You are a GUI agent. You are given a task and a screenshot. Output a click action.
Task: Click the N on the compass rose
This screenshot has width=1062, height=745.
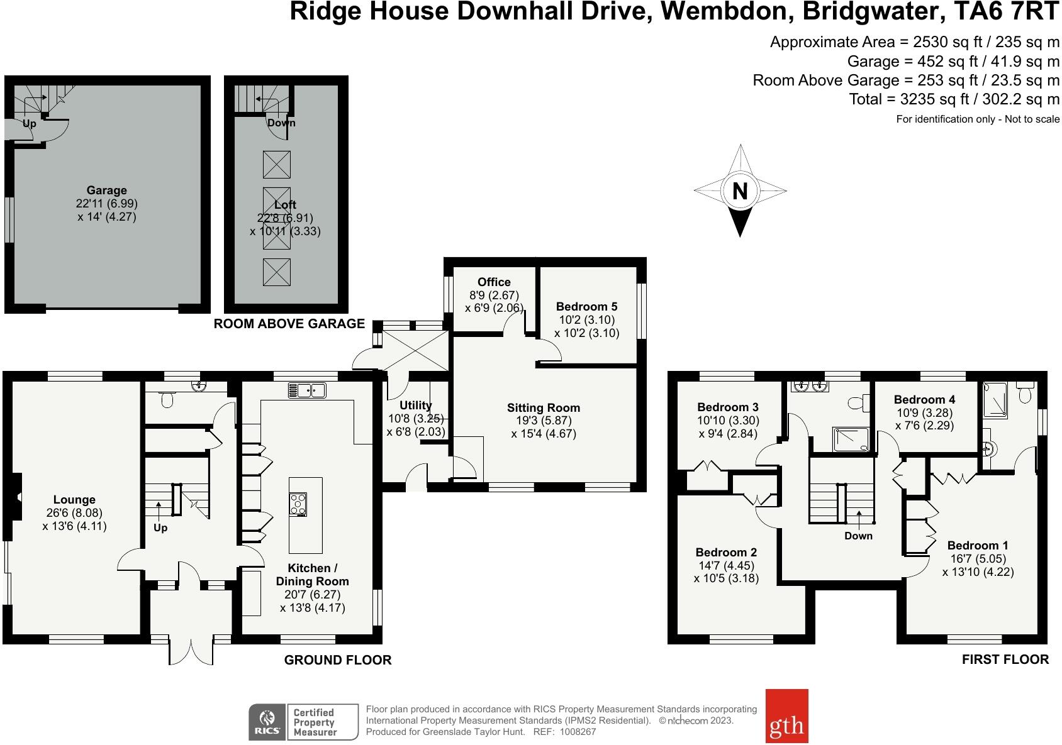tap(740, 190)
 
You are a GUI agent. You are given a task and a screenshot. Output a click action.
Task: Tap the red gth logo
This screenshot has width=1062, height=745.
tap(786, 716)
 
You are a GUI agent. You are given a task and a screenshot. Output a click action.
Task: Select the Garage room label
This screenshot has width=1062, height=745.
tap(106, 190)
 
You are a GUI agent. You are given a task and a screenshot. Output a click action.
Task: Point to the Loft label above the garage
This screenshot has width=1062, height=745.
tap(285, 205)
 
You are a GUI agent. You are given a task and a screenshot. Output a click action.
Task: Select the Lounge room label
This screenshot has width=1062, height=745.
tap(74, 500)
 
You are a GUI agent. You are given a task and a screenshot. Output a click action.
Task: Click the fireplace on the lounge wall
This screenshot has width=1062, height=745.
tap(17, 496)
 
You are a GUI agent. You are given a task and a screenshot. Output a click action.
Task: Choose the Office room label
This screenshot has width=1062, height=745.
tap(494, 282)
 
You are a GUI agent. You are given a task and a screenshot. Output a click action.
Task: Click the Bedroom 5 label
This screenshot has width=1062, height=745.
tap(586, 307)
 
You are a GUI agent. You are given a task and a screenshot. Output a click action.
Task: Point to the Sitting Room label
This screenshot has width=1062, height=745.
tap(544, 408)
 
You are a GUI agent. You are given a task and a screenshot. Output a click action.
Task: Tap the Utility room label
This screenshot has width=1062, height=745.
tap(415, 406)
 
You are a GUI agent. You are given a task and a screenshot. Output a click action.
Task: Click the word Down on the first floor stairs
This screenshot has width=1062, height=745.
tap(859, 536)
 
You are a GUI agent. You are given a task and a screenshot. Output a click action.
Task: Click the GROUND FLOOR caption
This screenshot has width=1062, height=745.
tap(338, 660)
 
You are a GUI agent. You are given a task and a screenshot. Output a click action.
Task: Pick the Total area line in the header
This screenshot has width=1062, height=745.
tap(954, 99)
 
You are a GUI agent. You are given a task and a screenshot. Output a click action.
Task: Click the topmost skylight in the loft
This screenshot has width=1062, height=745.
tap(277, 165)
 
